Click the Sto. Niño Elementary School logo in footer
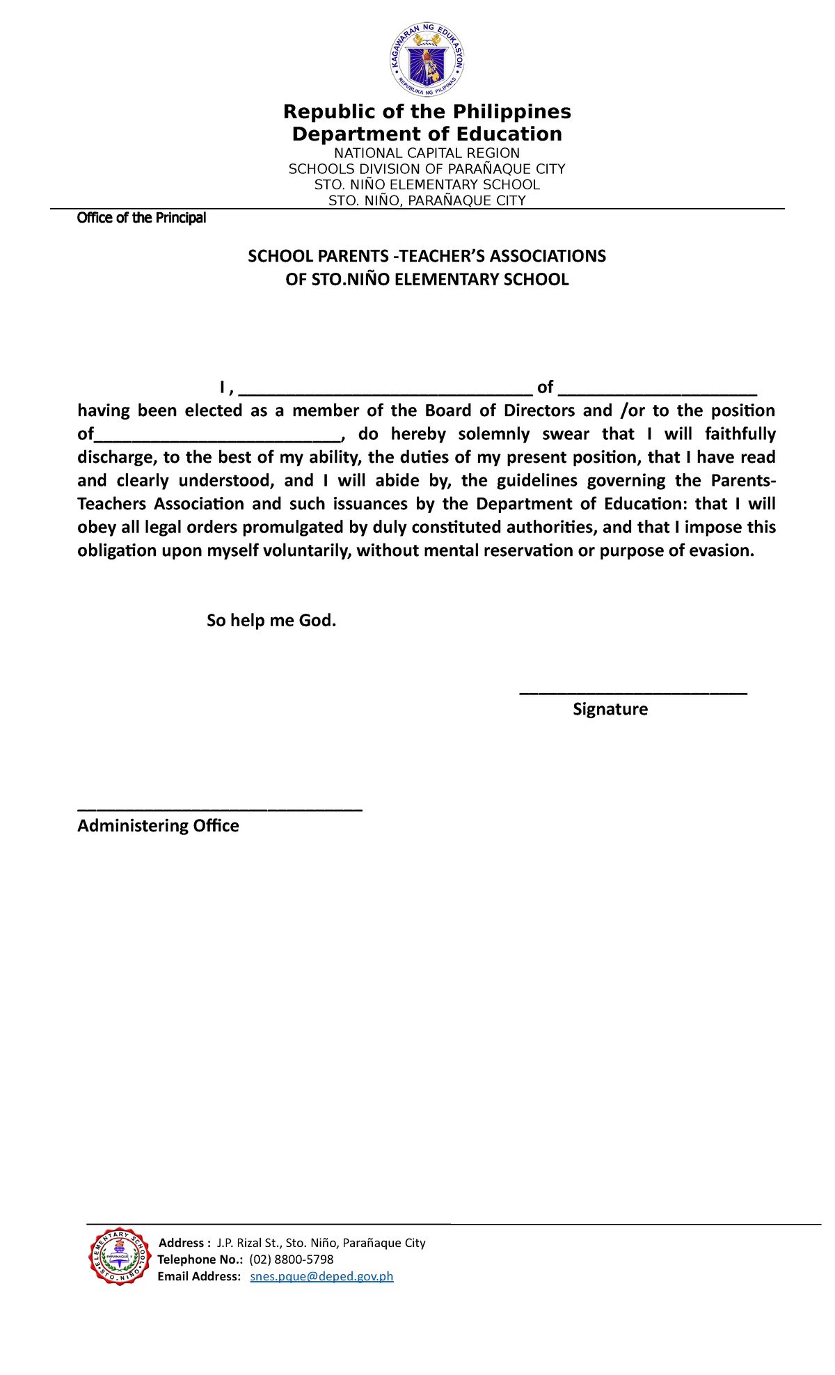pyautogui.click(x=120, y=1256)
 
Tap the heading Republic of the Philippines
pyautogui.click(x=427, y=111)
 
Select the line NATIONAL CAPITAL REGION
pyautogui.click(x=427, y=153)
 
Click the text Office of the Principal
pyautogui.click(x=141, y=218)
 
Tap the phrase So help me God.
pyautogui.click(x=271, y=620)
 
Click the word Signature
pyautogui.click(x=610, y=709)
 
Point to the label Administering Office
pyautogui.click(x=158, y=825)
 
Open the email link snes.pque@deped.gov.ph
pyautogui.click(x=321, y=1276)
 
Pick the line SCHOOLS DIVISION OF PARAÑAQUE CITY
pyautogui.click(x=427, y=169)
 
